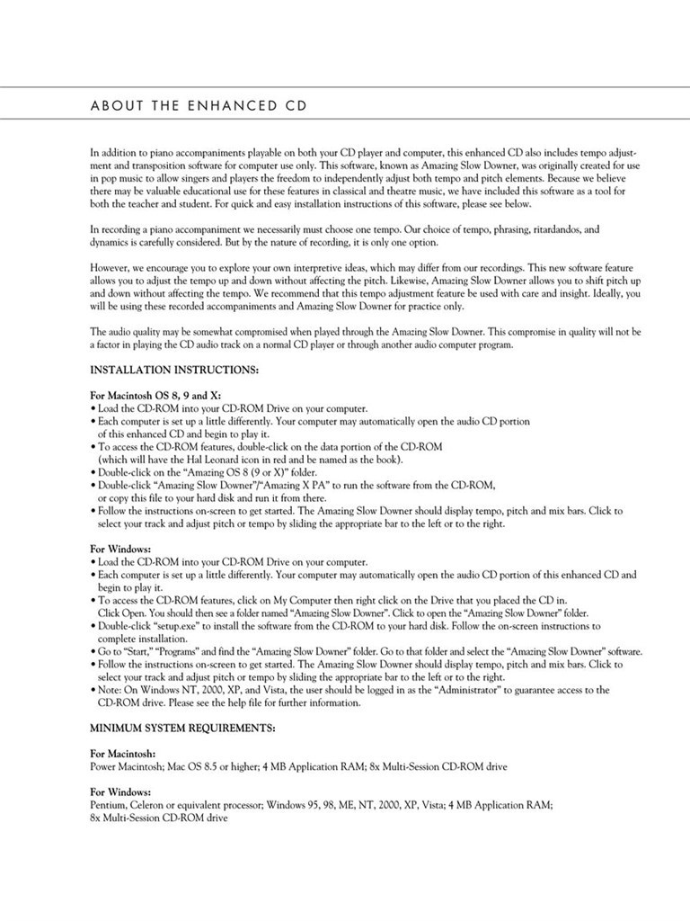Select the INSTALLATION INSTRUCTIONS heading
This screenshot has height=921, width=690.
(174, 371)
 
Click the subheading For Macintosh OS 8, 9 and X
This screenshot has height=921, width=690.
(155, 395)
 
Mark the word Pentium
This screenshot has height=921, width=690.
(108, 807)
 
